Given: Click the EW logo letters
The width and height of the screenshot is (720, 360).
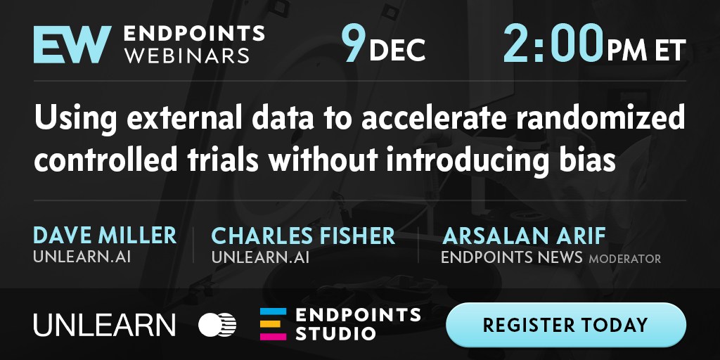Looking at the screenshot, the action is pos(72,44).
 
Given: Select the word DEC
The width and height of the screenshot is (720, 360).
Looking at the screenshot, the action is pos(397,50).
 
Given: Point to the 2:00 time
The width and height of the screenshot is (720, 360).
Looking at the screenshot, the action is pos(553,44).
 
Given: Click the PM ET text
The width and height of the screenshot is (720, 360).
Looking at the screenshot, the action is pos(646,50).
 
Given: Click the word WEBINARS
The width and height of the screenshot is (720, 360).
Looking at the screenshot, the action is pos(187,56).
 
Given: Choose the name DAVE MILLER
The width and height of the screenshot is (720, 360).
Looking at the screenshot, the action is pos(105,236).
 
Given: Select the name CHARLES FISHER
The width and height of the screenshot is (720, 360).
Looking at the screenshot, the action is pos(303,236).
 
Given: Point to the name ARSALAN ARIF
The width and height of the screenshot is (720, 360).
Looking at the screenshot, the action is pos(524,236).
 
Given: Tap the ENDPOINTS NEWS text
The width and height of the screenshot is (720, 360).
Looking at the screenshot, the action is pos(512,257).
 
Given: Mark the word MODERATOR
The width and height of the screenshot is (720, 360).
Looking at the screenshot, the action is pos(625,259).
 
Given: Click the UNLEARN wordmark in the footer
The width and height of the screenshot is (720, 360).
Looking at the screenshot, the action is pos(104,324).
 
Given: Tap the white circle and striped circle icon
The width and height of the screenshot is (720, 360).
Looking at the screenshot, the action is pos(217,324).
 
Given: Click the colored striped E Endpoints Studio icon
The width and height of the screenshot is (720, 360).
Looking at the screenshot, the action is pos(274,324).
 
